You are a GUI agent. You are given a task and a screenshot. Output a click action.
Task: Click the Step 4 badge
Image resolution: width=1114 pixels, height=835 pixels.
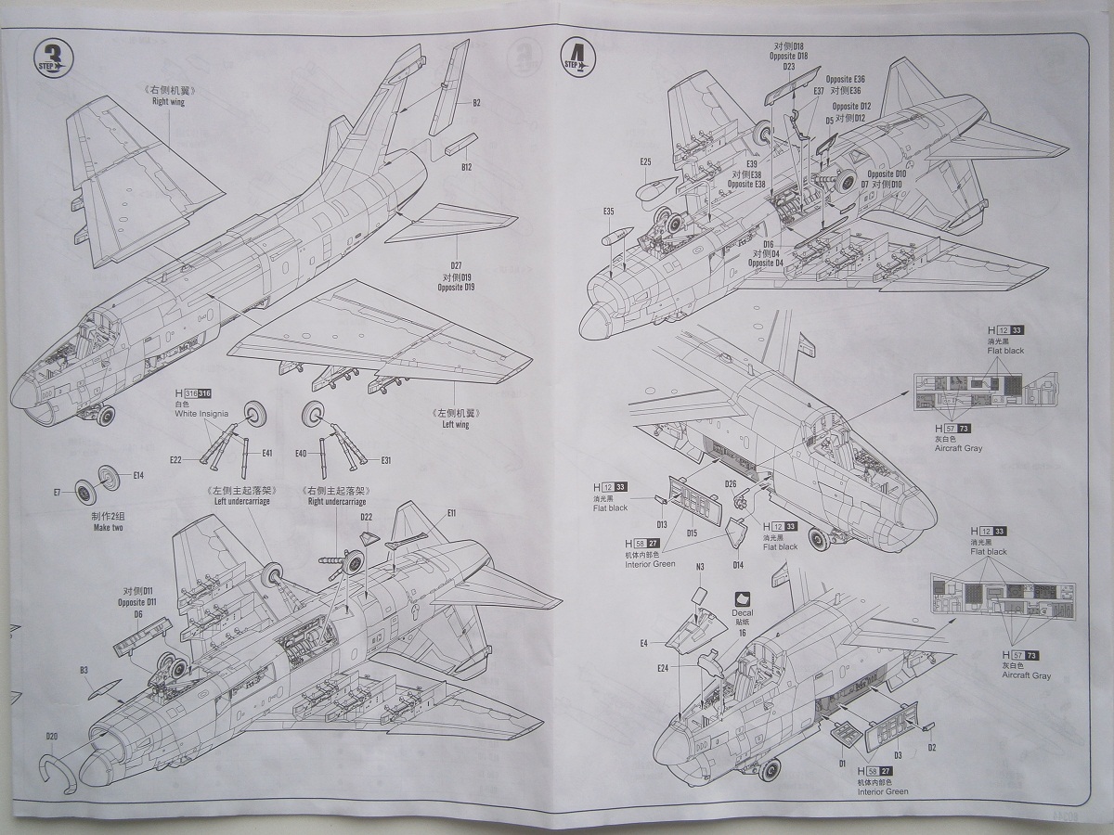(576, 58)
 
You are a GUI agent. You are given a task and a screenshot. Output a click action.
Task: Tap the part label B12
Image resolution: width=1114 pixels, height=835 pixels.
(467, 167)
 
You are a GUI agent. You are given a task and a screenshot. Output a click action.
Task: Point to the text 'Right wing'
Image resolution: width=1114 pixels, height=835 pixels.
(168, 102)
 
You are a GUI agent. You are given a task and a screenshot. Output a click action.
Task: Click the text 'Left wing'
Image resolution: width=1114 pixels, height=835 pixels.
(455, 424)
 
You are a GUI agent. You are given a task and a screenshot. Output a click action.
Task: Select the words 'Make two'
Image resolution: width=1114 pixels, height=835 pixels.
(108, 528)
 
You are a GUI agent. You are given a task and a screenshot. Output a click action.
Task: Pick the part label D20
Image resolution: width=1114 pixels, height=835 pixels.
(52, 737)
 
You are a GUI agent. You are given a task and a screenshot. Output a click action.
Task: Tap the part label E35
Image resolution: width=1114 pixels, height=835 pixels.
(608, 212)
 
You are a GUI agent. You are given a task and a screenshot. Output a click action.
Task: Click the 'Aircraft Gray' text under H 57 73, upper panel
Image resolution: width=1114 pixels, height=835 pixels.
(958, 448)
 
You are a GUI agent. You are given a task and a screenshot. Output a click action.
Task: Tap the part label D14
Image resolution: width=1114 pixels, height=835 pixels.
(738, 564)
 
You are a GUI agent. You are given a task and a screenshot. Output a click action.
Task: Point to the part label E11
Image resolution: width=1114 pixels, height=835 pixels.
(451, 513)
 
